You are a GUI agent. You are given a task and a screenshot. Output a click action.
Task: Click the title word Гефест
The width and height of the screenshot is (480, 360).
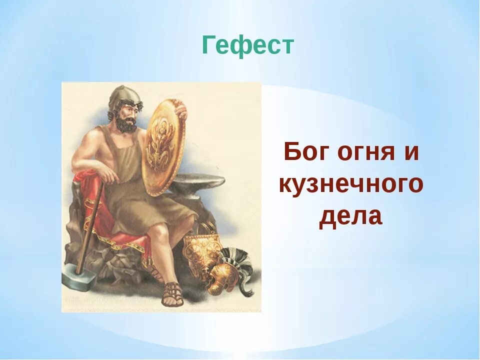pyautogui.click(x=248, y=45)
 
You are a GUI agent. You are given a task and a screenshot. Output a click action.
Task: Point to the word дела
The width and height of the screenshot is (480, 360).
pyautogui.click(x=351, y=217)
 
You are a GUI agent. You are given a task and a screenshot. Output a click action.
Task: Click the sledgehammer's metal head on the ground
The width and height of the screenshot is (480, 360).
pyautogui.click(x=79, y=277)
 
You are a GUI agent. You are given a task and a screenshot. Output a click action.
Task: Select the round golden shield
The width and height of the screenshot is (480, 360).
pyautogui.click(x=164, y=147)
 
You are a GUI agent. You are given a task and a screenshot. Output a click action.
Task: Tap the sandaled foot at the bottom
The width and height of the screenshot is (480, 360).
pyautogui.click(x=172, y=294)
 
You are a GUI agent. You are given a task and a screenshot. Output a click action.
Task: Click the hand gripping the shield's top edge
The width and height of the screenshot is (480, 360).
pyautogui.click(x=180, y=109)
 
